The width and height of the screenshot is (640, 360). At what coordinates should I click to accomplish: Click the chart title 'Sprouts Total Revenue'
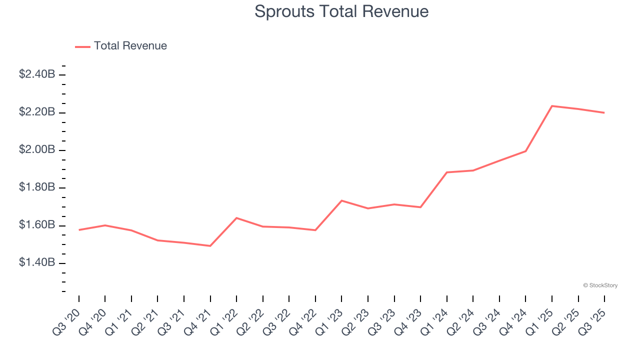(341, 11)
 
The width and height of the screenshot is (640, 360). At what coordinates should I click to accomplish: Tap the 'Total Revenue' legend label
(130, 46)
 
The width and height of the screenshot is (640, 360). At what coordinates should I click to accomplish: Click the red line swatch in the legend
(82, 46)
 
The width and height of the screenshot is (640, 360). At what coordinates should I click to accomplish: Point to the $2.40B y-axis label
(37, 74)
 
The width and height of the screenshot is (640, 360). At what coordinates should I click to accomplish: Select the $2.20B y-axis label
(37, 112)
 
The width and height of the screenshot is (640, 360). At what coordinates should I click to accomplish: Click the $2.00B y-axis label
(37, 150)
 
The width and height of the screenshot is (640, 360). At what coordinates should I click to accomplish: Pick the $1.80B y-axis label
(37, 188)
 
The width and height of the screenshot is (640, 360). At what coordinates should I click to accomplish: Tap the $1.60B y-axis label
(37, 225)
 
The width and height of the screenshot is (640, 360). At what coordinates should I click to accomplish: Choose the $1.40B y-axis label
(37, 263)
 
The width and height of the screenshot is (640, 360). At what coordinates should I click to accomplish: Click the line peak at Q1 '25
(552, 106)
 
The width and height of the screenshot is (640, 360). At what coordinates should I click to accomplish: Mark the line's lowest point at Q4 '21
(210, 246)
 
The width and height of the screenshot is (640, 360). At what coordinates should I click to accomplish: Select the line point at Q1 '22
(236, 218)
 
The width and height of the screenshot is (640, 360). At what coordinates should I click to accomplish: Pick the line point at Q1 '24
(446, 172)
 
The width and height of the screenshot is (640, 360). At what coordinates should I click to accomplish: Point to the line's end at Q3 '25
(604, 112)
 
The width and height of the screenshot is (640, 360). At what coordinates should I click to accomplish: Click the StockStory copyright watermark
(600, 285)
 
